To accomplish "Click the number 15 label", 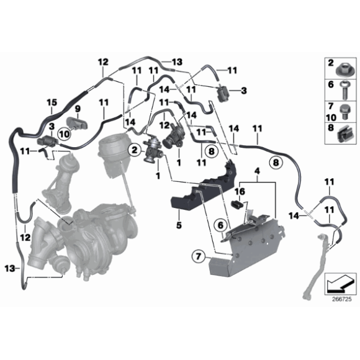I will (52, 102).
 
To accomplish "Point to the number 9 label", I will (78, 109).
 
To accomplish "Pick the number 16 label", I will (240, 192).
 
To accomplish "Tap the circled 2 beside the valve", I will (133, 149).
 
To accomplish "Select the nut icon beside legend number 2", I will (343, 65).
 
